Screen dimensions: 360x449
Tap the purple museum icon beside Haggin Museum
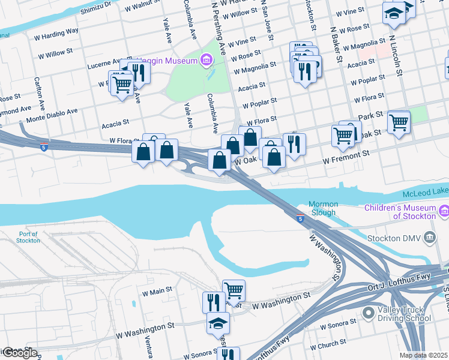[206, 60]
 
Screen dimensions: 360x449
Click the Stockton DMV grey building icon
[429, 238]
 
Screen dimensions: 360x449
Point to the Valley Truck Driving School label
[401, 314]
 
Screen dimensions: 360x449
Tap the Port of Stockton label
[29, 237]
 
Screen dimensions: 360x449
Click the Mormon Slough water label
[323, 208]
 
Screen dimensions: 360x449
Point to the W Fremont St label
[345, 158]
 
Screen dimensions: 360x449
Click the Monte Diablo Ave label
[52, 113]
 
